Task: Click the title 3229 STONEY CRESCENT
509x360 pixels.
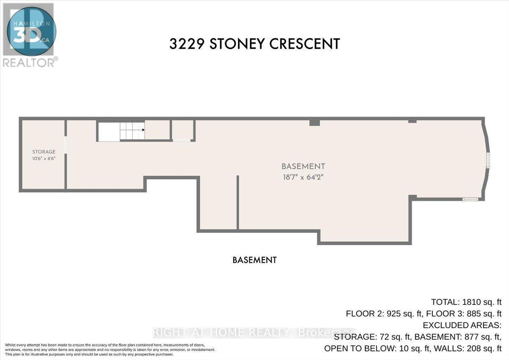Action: (x=255, y=44)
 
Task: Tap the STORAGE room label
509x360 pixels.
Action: (x=44, y=152)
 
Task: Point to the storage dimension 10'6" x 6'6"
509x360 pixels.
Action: (x=44, y=158)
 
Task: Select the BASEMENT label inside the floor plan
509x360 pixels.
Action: (x=303, y=166)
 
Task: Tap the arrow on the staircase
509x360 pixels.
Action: (x=143, y=130)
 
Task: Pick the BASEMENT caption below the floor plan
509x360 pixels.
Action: (x=255, y=260)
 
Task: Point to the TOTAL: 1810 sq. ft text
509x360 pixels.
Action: (x=466, y=302)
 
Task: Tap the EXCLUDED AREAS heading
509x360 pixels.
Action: (x=462, y=326)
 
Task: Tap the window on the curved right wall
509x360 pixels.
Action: (x=488, y=160)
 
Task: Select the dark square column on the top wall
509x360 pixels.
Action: (x=314, y=123)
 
